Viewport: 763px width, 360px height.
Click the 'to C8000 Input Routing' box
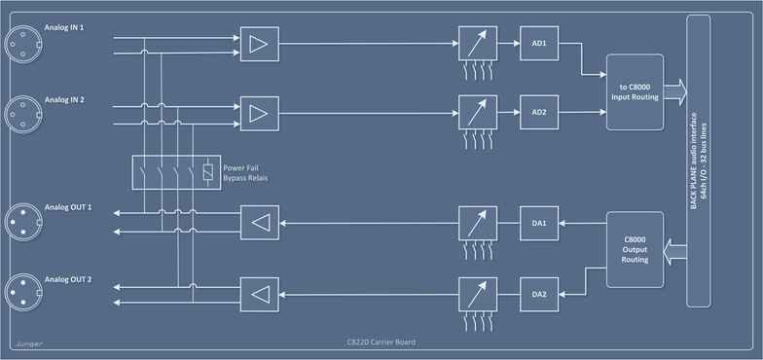pyautogui.click(x=635, y=92)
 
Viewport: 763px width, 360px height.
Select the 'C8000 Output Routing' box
pyautogui.click(x=635, y=249)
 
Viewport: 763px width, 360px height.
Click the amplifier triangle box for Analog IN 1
pyautogui.click(x=258, y=44)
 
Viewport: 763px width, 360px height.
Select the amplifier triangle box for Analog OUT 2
pyautogui.click(x=258, y=293)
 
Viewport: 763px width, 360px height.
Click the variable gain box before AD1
pyautogui.click(x=476, y=44)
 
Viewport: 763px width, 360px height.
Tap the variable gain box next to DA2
pyautogui.click(x=476, y=293)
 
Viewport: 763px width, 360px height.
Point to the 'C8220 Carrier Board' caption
pyautogui.click(x=381, y=343)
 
